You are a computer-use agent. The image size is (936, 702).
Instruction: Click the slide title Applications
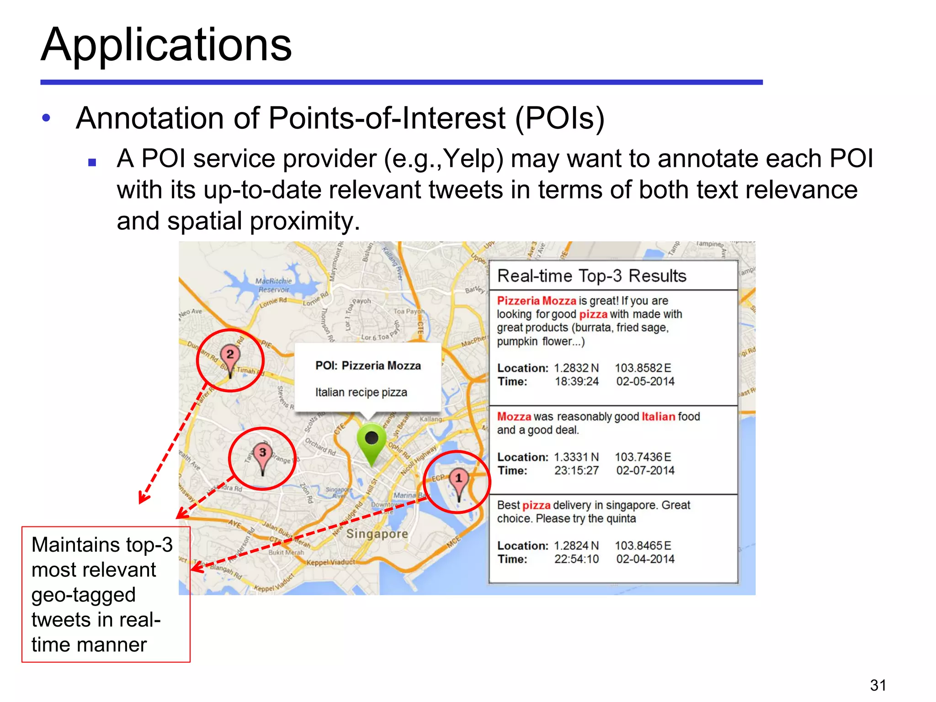pyautogui.click(x=166, y=44)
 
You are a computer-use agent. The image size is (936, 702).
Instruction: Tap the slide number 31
pyautogui.click(x=878, y=685)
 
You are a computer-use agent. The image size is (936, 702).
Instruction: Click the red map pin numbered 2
pyautogui.click(x=230, y=356)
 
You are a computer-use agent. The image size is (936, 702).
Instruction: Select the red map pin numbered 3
pyautogui.click(x=262, y=454)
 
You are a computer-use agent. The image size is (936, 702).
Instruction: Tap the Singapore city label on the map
pyautogui.click(x=377, y=534)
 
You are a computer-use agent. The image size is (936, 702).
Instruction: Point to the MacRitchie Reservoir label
pyautogui.click(x=273, y=285)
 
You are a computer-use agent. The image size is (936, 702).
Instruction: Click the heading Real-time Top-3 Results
pyautogui.click(x=591, y=276)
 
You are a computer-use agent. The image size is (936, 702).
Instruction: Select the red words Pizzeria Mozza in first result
pyautogui.click(x=536, y=301)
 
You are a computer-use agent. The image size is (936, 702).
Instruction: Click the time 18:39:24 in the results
pyautogui.click(x=576, y=382)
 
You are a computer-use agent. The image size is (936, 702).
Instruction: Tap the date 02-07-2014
pyautogui.click(x=645, y=470)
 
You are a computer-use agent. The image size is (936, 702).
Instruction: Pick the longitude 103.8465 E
pyautogui.click(x=643, y=546)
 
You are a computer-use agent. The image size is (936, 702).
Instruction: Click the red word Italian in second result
pyautogui.click(x=658, y=417)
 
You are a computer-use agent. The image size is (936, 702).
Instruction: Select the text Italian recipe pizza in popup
pyautogui.click(x=361, y=393)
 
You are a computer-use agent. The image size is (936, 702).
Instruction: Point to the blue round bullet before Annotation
pyautogui.click(x=46, y=118)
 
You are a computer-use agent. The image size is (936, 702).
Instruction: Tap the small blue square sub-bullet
pyautogui.click(x=92, y=162)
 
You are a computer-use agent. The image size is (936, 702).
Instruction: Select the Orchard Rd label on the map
pyautogui.click(x=320, y=447)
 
